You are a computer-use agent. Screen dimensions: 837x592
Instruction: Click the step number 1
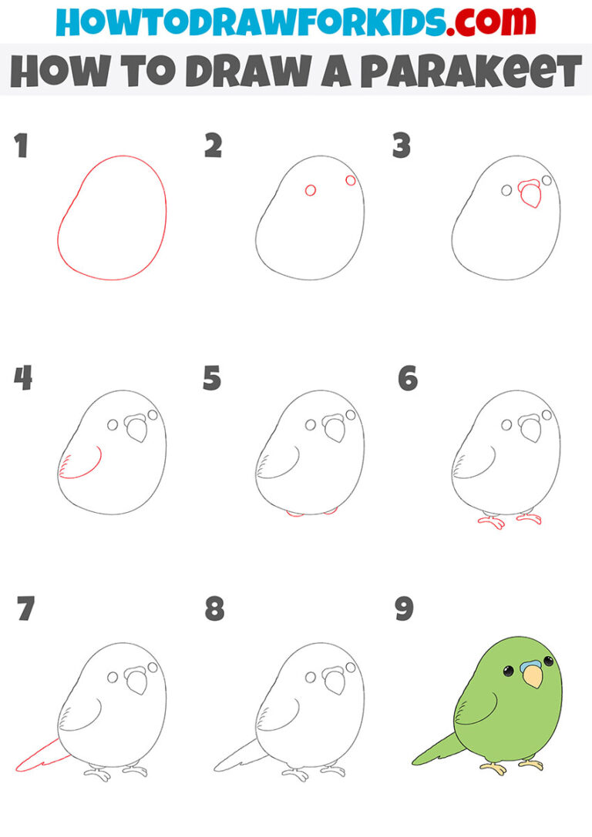click(21, 146)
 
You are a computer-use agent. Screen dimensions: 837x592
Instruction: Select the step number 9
click(404, 609)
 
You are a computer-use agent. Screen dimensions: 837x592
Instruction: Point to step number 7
click(25, 609)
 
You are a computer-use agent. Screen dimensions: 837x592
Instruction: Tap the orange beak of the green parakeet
click(531, 677)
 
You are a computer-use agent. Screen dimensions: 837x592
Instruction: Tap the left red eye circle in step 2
click(311, 190)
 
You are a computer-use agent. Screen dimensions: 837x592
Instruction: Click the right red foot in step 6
click(529, 518)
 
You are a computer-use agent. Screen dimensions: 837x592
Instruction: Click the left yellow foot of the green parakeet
click(493, 768)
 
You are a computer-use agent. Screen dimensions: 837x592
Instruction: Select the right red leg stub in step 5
click(330, 511)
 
